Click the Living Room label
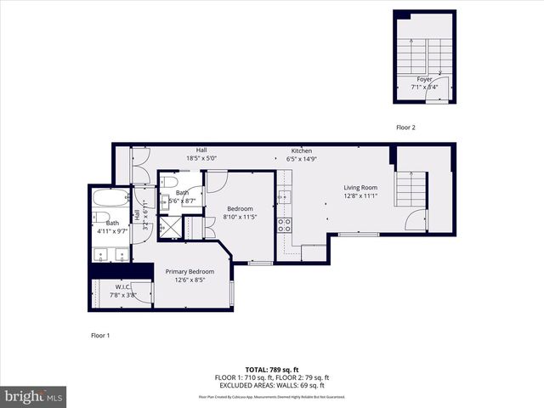(360, 188)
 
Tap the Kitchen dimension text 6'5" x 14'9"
(303, 158)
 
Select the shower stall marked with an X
(171, 228)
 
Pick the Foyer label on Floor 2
(424, 79)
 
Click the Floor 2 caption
(405, 127)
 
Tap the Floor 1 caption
(100, 335)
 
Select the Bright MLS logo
(34, 396)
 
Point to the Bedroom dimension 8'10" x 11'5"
(239, 217)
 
